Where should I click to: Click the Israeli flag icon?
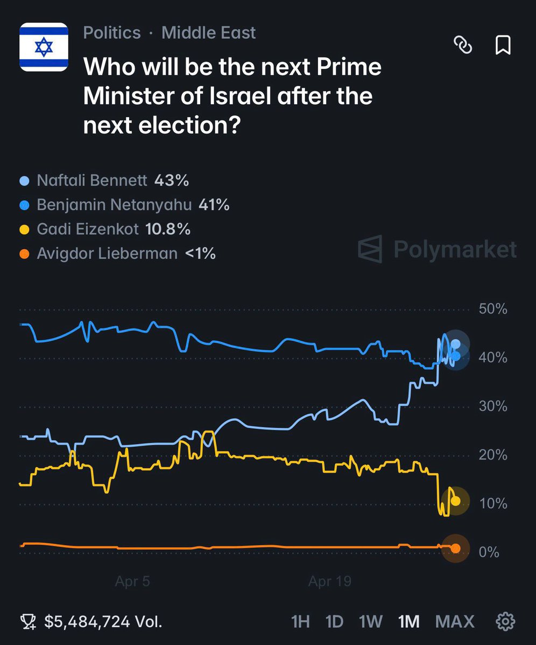(x=44, y=47)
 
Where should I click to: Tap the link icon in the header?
(x=462, y=46)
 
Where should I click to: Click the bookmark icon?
(x=503, y=46)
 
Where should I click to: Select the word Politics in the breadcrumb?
(x=112, y=33)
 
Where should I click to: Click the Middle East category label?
(x=209, y=33)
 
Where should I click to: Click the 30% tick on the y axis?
(x=492, y=406)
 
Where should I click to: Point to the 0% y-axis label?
(x=489, y=552)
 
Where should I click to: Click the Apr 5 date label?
(x=132, y=582)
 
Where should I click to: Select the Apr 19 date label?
(x=329, y=582)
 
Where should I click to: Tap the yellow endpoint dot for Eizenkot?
(x=456, y=501)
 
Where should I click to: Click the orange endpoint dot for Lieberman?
(x=456, y=548)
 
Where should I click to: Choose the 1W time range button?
(x=370, y=622)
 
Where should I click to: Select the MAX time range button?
(x=455, y=622)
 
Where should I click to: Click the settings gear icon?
(x=505, y=622)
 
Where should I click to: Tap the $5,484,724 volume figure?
(x=87, y=622)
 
